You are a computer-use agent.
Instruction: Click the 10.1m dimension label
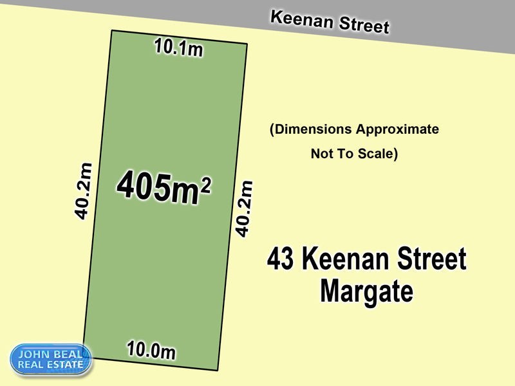tap(178, 48)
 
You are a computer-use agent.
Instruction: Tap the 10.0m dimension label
tap(151, 351)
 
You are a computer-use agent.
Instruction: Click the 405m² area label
tap(164, 188)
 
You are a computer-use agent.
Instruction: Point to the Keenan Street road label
tap(330, 22)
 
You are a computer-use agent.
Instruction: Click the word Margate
tap(366, 290)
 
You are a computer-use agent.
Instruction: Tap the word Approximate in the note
tap(398, 129)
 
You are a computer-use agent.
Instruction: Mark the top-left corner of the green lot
tap(112, 31)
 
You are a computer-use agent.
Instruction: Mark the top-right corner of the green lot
tap(247, 44)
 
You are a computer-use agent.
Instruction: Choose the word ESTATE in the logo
tap(65, 365)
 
